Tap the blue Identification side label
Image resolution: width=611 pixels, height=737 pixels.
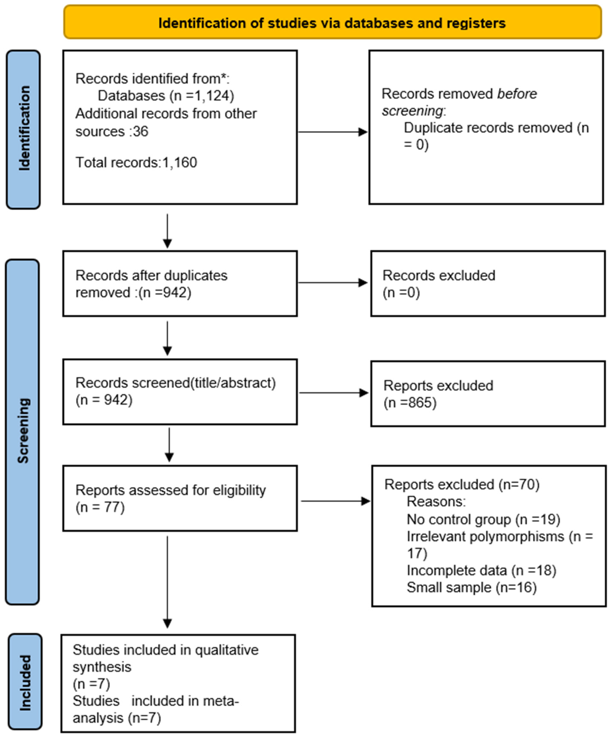[x=23, y=129]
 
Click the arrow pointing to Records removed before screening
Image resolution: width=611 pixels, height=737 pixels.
[x=332, y=132]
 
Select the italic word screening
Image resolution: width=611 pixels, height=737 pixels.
[x=412, y=111]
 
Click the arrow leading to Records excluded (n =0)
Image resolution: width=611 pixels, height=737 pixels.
[x=332, y=282]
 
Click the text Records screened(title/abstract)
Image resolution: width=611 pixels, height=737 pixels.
[x=175, y=383]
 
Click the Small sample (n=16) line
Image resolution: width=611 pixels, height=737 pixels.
[x=471, y=587]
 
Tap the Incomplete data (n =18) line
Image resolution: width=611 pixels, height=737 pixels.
[x=481, y=570]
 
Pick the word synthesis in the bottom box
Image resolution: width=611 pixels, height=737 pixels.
[x=102, y=667]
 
